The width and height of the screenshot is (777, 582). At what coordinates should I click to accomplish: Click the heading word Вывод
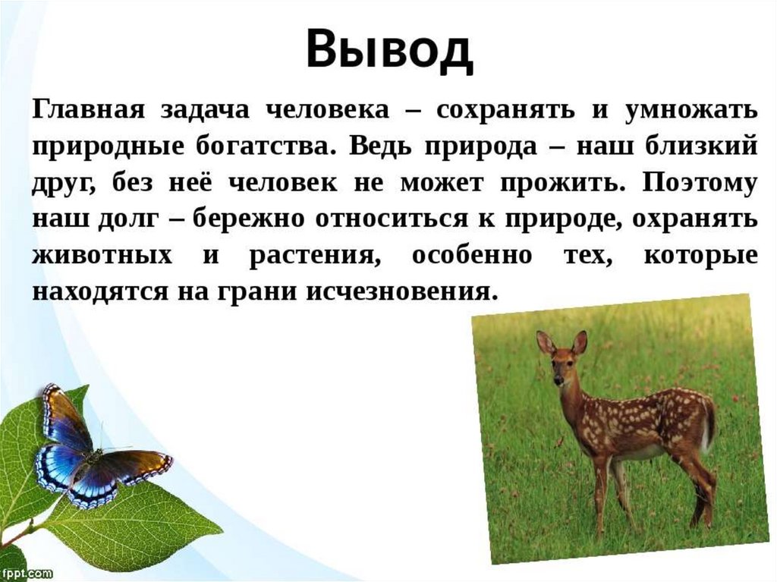click(389, 49)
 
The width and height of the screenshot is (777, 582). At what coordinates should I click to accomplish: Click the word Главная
click(89, 109)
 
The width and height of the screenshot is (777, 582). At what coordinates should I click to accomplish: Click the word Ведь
click(379, 146)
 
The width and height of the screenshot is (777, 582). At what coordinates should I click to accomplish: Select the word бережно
click(248, 219)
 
